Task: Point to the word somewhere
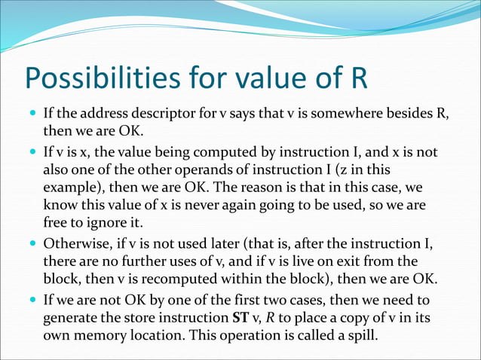point(332,114)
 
